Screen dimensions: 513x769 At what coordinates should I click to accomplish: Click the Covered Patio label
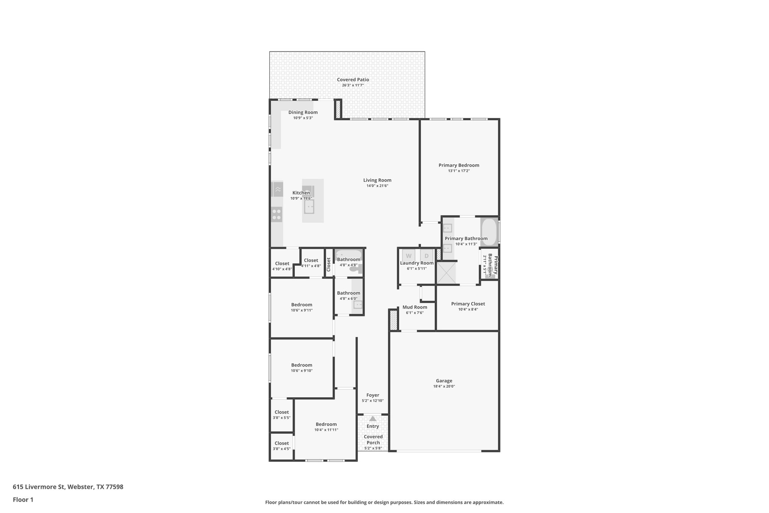click(x=353, y=80)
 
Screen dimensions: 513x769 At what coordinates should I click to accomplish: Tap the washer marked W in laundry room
click(x=409, y=256)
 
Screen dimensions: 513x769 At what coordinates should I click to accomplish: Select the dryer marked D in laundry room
click(x=426, y=256)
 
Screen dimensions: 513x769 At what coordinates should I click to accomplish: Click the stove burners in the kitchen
click(x=277, y=214)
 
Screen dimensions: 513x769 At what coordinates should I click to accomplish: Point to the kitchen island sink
click(x=309, y=207)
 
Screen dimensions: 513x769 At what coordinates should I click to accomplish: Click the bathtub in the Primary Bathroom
click(x=489, y=232)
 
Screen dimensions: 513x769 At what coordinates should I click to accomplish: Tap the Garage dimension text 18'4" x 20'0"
click(x=444, y=386)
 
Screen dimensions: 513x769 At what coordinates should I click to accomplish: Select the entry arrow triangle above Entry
click(x=372, y=419)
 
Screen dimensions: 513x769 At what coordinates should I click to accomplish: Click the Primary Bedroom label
click(x=459, y=165)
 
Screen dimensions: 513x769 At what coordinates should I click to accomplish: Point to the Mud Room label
click(x=415, y=307)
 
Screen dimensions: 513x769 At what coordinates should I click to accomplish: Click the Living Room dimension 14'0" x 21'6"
click(x=377, y=186)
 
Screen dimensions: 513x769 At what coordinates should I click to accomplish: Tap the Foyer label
click(x=372, y=395)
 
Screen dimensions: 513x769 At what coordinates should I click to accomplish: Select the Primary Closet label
click(x=468, y=304)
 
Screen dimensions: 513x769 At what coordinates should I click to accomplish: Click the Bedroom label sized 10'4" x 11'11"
click(x=326, y=424)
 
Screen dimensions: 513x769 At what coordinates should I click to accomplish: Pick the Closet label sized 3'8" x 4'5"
click(x=282, y=443)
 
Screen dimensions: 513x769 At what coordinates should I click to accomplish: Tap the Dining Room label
click(x=303, y=112)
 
